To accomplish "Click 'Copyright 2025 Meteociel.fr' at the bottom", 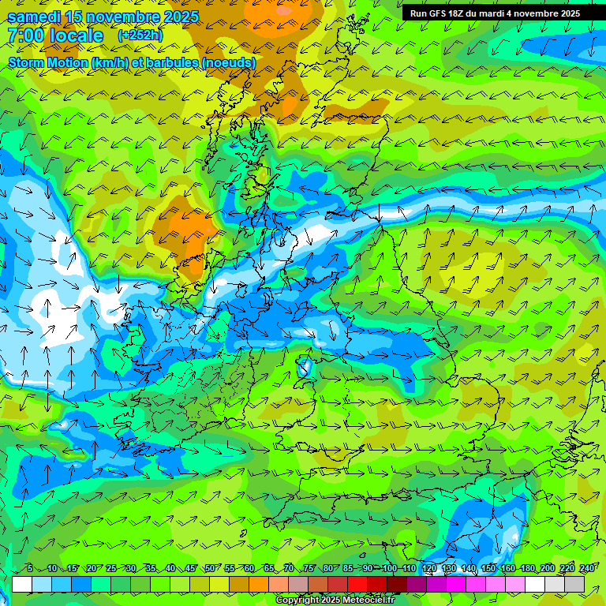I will [335, 600].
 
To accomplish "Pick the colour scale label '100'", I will [389, 569].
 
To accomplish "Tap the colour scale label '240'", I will [587, 569].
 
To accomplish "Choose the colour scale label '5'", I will [29, 569].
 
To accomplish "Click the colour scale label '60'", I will [249, 569].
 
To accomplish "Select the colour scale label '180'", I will [528, 569].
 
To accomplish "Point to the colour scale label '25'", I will [110, 569].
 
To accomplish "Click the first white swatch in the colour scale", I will [22, 584].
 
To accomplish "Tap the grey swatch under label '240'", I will [574, 584].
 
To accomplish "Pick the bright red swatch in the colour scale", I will [357, 584].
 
